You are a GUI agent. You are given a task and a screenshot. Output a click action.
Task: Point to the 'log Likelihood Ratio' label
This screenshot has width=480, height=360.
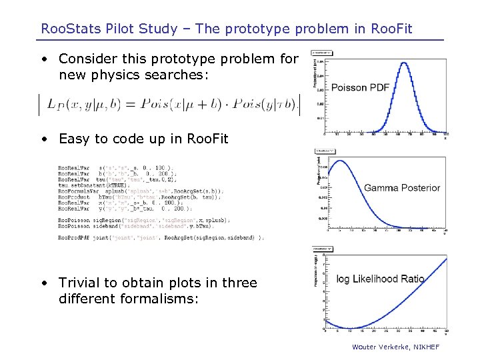point(380,279)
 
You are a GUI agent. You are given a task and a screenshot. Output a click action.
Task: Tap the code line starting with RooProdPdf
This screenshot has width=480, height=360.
point(160,237)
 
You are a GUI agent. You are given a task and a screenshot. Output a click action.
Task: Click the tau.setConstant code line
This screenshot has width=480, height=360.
point(93,185)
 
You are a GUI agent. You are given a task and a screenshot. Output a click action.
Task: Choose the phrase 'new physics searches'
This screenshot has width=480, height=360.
point(133,75)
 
